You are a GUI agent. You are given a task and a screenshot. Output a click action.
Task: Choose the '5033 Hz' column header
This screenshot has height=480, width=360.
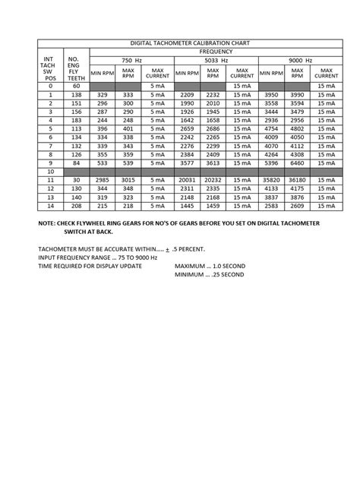[x=216, y=60]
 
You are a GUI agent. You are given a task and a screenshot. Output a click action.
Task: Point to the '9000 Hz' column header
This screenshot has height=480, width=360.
[x=301, y=60]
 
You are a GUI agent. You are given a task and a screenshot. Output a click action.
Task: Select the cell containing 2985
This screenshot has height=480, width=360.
[x=102, y=179]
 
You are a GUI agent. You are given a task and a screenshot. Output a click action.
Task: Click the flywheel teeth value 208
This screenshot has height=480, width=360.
[x=74, y=205]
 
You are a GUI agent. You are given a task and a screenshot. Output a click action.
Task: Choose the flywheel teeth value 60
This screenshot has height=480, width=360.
[x=74, y=86]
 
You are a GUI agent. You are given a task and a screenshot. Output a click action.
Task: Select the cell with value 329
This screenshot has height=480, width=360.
[x=102, y=94]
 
